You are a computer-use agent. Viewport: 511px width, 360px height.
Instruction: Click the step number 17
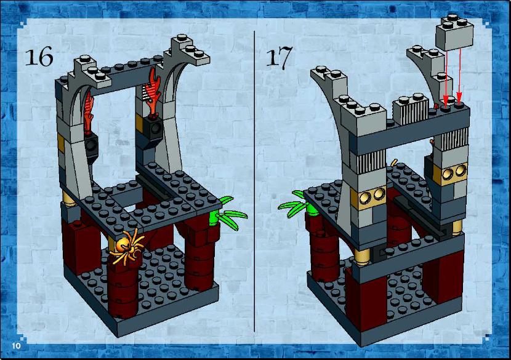280,58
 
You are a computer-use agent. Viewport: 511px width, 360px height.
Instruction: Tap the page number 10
16,345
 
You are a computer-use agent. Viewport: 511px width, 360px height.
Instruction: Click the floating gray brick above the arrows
454,32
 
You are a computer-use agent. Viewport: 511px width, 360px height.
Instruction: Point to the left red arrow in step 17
446,76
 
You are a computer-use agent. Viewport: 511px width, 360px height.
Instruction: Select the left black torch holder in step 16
92,146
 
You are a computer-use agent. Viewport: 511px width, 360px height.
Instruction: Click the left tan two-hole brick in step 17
371,197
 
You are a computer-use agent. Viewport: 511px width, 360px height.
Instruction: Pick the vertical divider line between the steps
254,181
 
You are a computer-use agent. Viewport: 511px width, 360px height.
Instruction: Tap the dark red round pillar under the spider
123,287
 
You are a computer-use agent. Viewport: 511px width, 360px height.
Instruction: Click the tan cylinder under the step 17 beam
363,257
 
